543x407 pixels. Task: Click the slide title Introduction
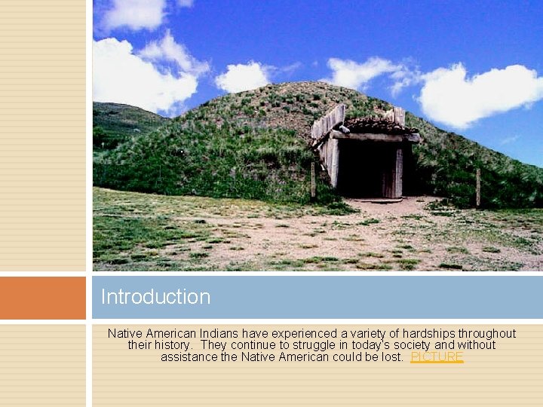click(155, 297)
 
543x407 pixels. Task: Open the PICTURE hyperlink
click(437, 357)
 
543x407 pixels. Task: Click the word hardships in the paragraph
click(385, 333)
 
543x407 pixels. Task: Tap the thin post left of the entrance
click(312, 181)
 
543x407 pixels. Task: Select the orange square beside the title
click(43, 298)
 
